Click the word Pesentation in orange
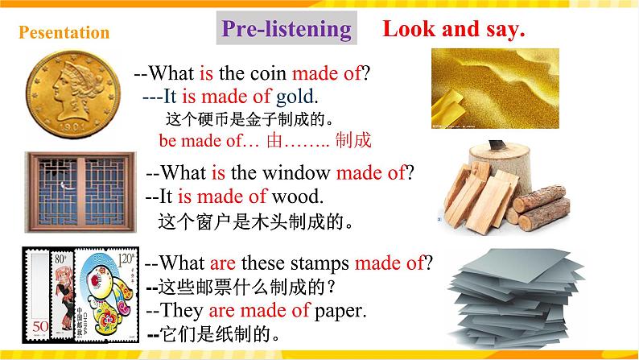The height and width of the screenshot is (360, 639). click(64, 33)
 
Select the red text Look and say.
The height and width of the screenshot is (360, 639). click(454, 30)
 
